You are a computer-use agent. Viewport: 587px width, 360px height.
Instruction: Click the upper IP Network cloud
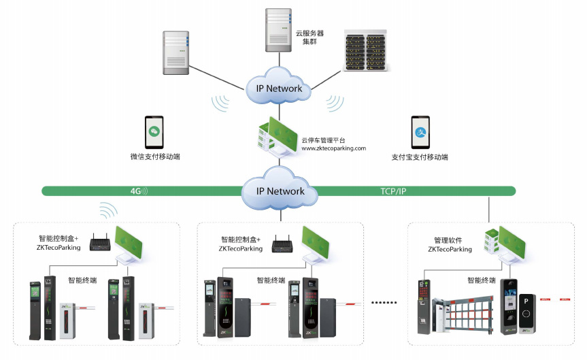(279, 88)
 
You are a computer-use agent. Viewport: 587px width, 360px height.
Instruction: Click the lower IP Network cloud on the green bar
(280, 191)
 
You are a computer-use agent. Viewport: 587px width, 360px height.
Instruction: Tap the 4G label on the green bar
(136, 191)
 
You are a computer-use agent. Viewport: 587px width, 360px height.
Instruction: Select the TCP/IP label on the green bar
(393, 191)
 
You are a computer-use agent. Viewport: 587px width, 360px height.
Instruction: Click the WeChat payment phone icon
(154, 132)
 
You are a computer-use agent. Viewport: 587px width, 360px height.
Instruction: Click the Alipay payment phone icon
(420, 132)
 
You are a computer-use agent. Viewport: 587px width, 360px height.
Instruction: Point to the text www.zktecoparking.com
(334, 148)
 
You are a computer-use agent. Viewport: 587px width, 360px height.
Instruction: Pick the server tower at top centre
(278, 28)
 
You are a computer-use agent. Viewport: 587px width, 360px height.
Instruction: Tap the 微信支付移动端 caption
(155, 157)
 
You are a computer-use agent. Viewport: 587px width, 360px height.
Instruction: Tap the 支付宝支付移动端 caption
(420, 157)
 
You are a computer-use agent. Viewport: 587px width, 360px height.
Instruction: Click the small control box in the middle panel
(282, 244)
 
